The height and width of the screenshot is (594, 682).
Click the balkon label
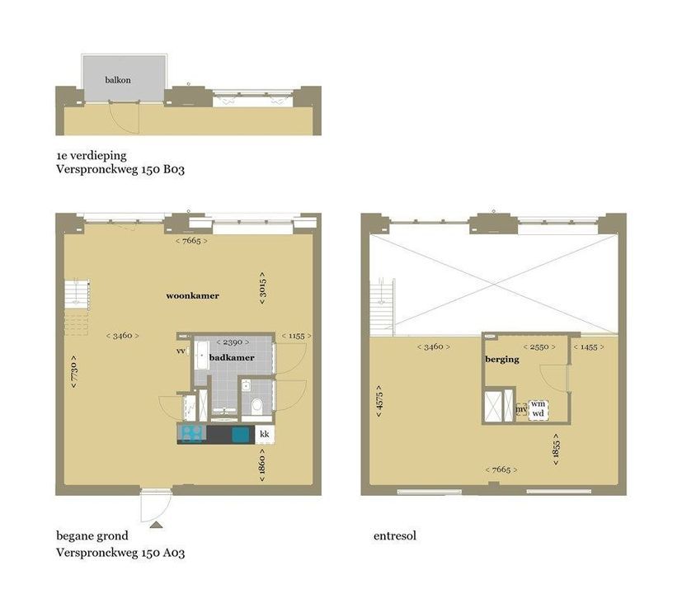coord(118,80)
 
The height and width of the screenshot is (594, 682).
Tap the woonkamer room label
coord(192,295)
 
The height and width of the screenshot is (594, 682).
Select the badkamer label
coord(231,358)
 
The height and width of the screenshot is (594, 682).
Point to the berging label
coord(502,360)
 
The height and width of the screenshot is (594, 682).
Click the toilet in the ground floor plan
coord(257,405)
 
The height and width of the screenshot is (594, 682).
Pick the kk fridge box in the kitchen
coord(265,434)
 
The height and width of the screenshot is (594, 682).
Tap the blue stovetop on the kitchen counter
coord(190,434)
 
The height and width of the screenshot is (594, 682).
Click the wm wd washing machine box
coord(538,408)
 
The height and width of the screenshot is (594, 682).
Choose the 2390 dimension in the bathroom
coord(228,342)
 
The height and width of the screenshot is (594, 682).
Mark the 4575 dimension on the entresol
coord(379,400)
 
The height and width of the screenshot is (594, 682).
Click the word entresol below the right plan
coord(394,535)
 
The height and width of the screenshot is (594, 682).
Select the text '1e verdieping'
coord(91,154)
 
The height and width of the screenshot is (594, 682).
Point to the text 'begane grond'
coord(92,535)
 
